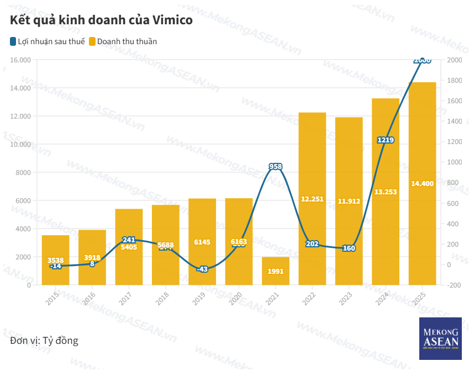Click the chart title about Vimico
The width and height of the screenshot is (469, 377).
click(x=101, y=20)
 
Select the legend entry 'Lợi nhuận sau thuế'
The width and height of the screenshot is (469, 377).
click(x=47, y=41)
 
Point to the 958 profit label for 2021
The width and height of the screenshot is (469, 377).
click(x=276, y=166)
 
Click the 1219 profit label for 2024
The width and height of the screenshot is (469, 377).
click(x=386, y=140)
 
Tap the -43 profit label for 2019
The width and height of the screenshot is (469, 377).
click(x=202, y=269)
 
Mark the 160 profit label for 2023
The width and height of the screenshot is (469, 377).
click(x=349, y=248)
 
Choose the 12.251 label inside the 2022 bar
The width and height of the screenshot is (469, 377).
click(x=312, y=199)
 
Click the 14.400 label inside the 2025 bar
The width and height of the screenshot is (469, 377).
click(x=422, y=183)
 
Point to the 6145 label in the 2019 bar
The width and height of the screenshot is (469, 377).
click(x=202, y=242)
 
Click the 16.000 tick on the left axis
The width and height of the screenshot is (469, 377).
click(x=21, y=60)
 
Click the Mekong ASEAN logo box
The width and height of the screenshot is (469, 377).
click(x=440, y=339)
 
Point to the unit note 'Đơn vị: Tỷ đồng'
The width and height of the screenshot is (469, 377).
click(x=44, y=341)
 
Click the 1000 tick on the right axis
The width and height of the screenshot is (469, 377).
click(x=454, y=162)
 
